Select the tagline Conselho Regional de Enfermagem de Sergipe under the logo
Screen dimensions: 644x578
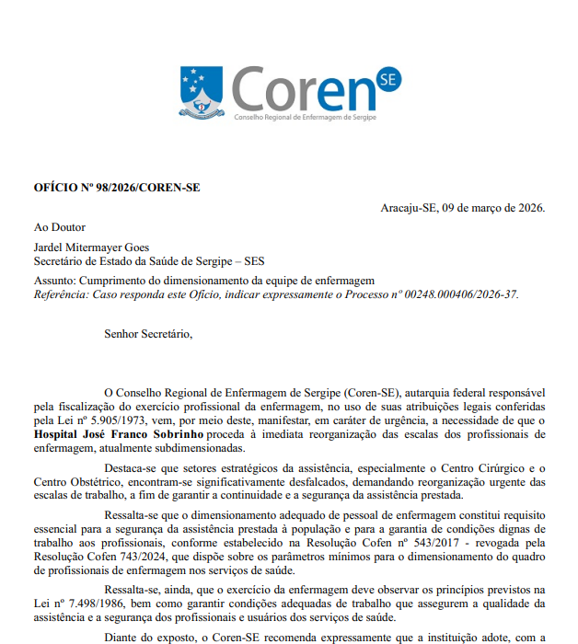(305, 118)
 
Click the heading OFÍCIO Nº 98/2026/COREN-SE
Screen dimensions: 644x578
(117, 188)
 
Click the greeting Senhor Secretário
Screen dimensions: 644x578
(148, 333)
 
